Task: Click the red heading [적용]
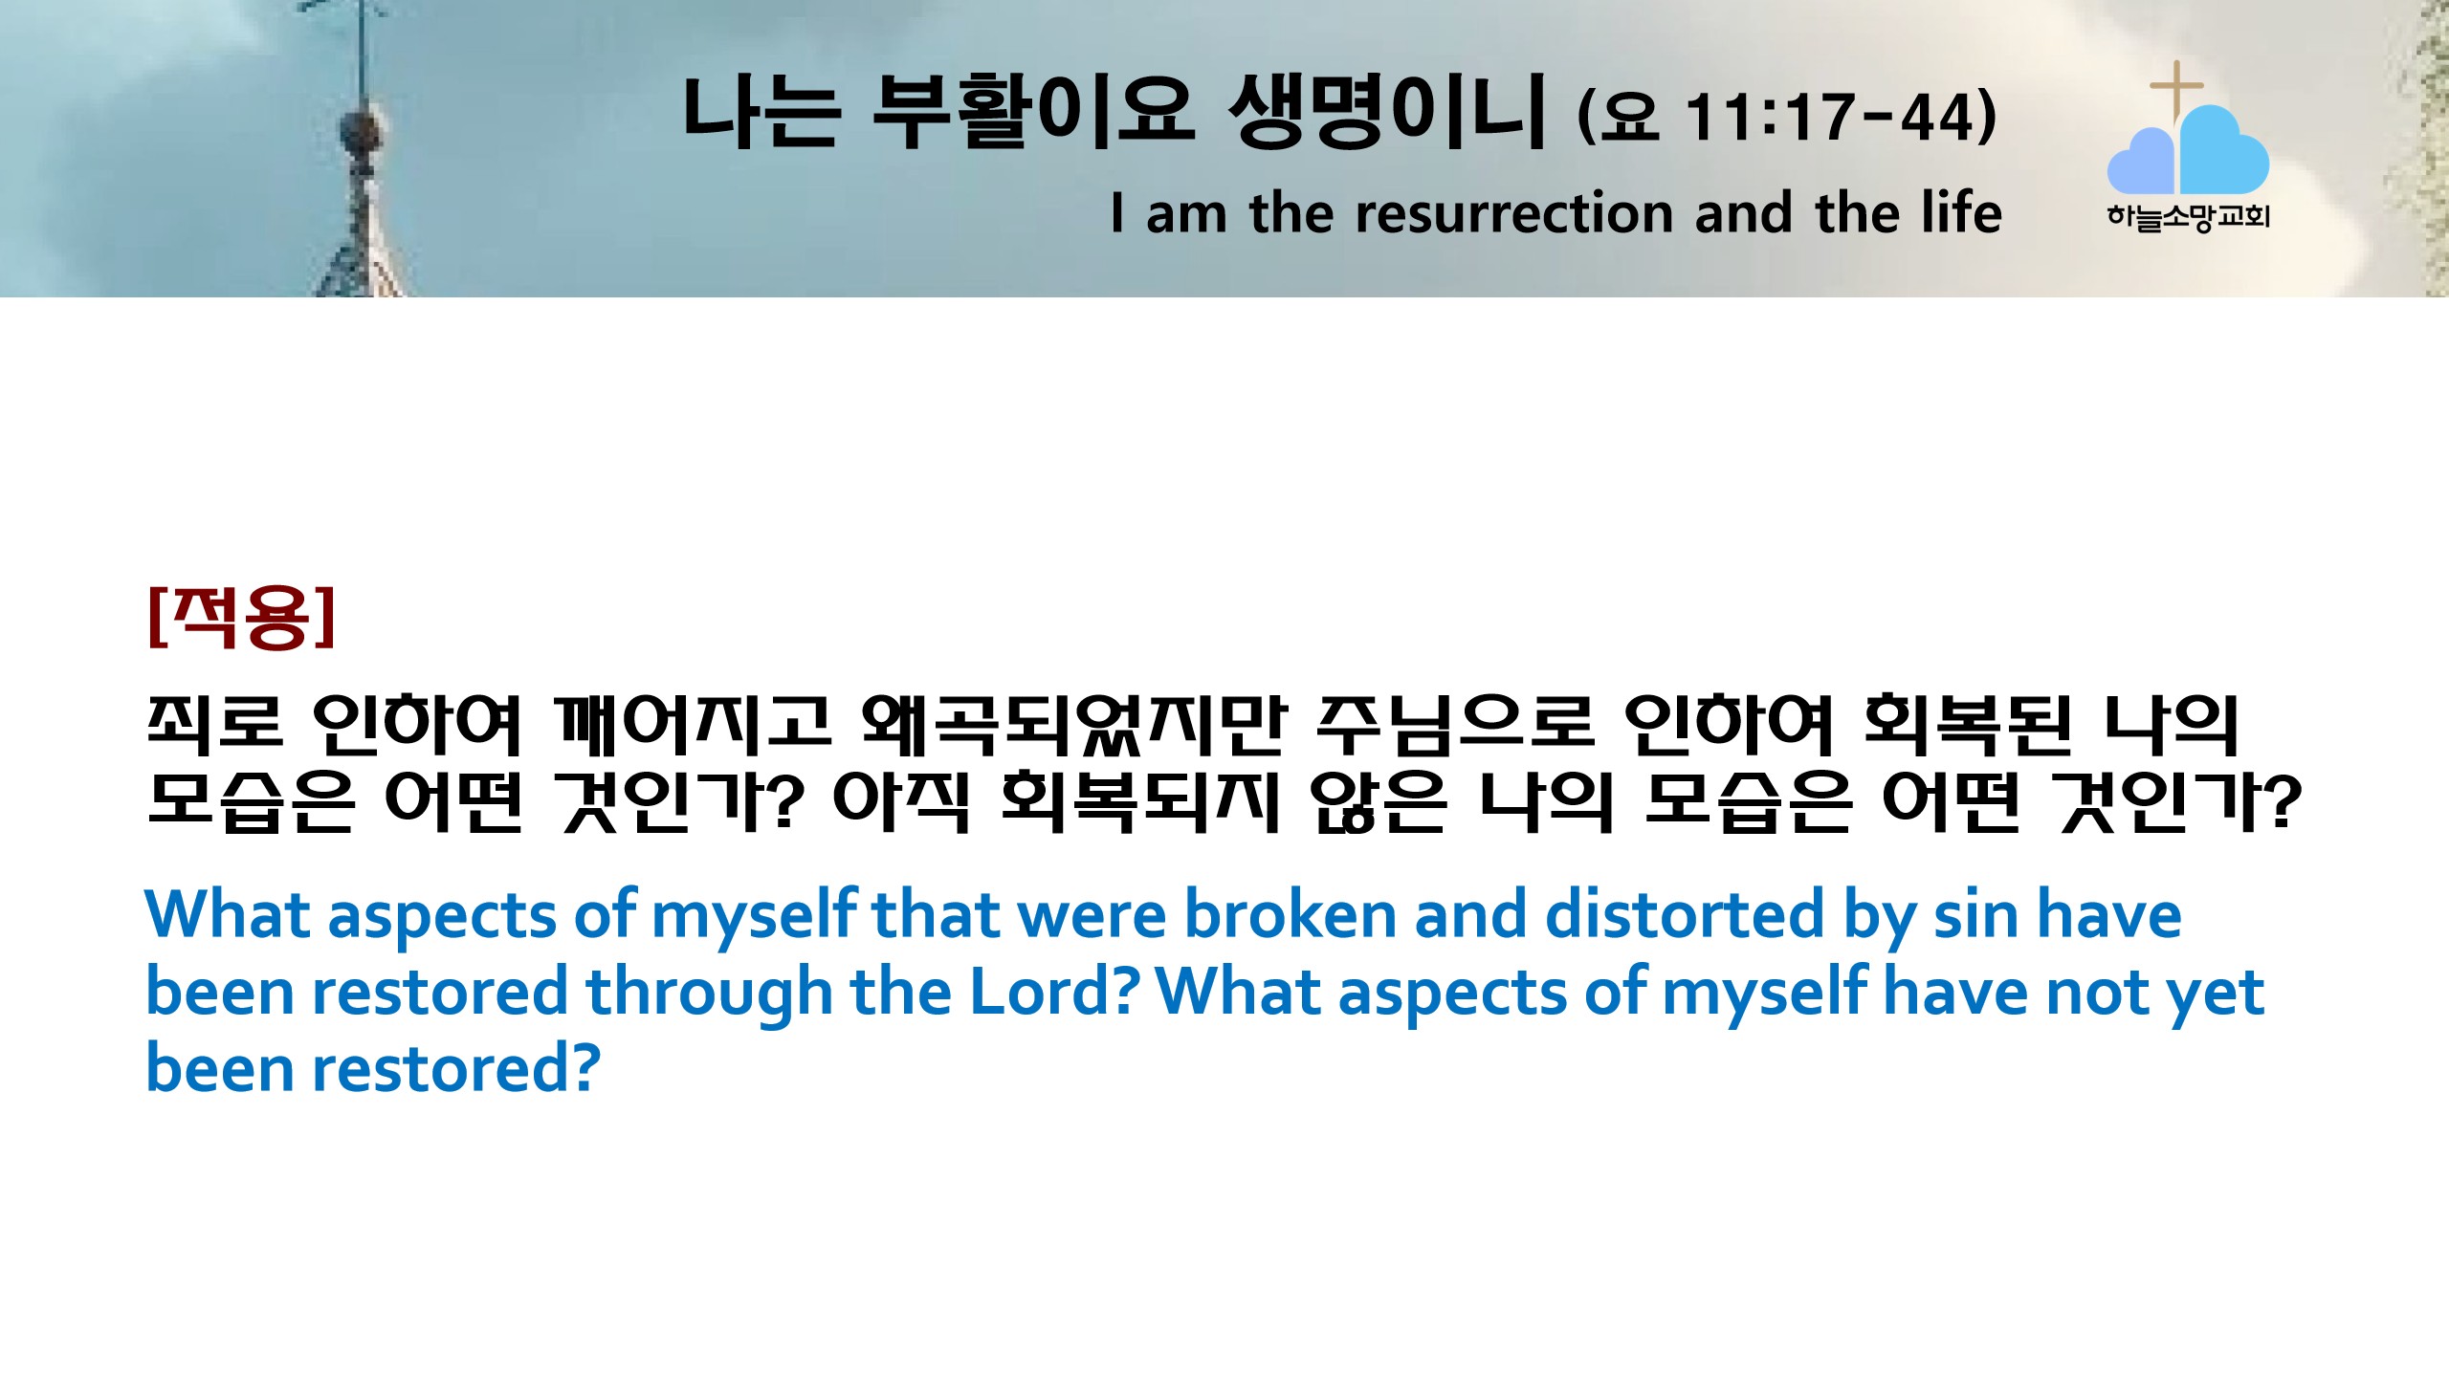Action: tap(242, 618)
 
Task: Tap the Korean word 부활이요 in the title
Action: tap(1033, 112)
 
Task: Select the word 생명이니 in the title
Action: tap(1387, 112)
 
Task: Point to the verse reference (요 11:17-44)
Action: tap(1787, 117)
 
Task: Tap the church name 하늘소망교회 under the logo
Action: tap(2188, 217)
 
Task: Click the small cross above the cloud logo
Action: tap(2176, 89)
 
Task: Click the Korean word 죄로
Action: tap(215, 722)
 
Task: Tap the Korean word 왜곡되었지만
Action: tap(1074, 722)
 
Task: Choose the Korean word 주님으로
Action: tap(1455, 722)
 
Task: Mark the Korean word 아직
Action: tap(902, 800)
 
